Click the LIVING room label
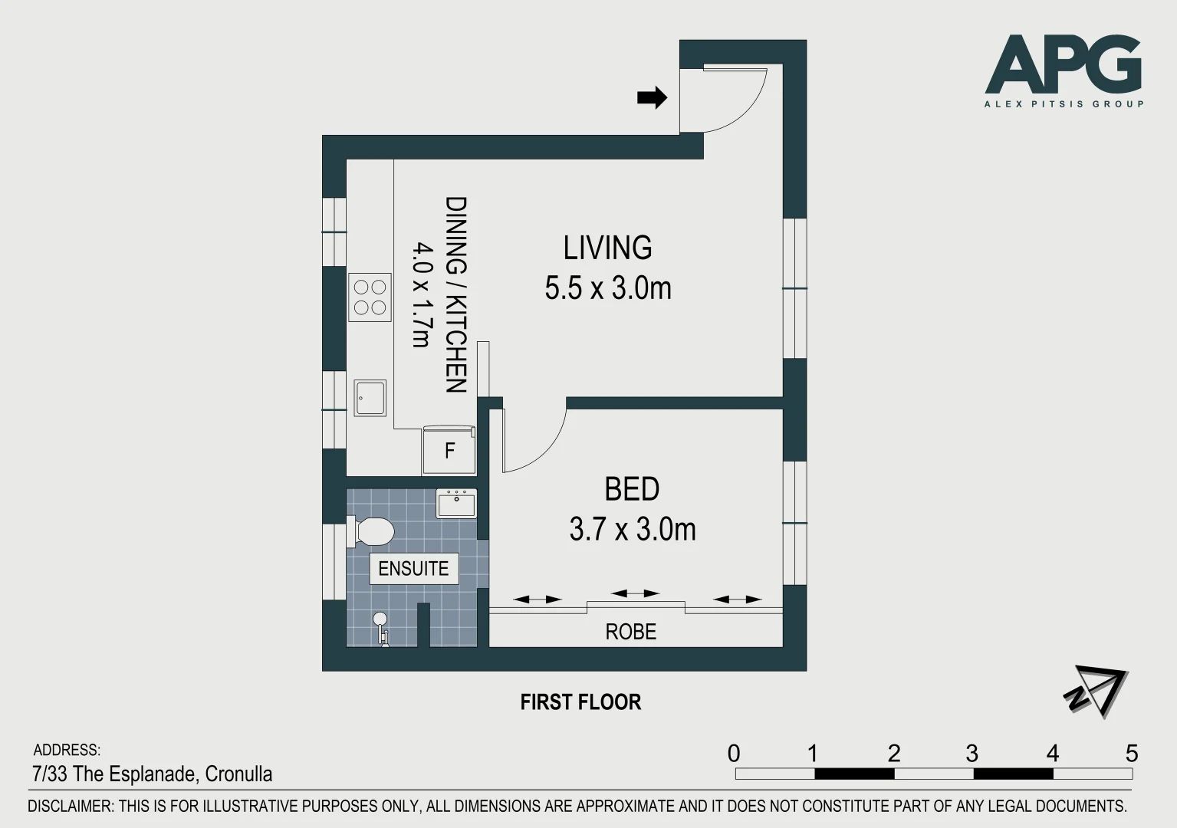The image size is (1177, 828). click(607, 248)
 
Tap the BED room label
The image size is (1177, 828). click(632, 489)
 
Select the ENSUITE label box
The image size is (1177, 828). click(414, 568)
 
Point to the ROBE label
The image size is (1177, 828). click(631, 632)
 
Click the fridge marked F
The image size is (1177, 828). click(449, 450)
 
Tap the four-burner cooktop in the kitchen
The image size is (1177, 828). click(370, 297)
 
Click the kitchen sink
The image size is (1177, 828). click(370, 398)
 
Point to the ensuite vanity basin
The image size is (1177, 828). click(456, 503)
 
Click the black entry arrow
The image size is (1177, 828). click(652, 97)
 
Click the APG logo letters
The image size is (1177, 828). click(1064, 64)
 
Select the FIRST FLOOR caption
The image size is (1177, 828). click(580, 702)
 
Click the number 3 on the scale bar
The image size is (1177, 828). click(972, 754)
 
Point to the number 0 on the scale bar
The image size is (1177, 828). click(734, 754)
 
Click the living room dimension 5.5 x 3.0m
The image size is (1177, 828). click(608, 288)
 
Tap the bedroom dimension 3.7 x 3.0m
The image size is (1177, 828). click(633, 529)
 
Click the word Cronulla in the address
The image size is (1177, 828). click(238, 774)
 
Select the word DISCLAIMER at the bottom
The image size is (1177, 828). click(71, 806)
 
